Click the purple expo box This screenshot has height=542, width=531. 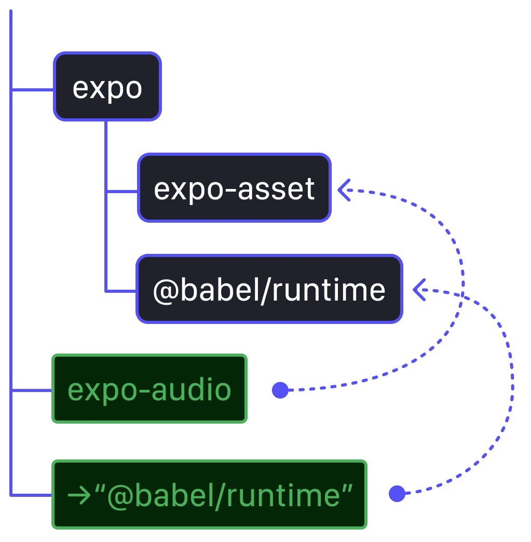click(107, 87)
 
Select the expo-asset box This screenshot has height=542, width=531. click(234, 188)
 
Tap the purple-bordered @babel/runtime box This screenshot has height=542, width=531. click(269, 289)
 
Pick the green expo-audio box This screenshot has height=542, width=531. click(149, 389)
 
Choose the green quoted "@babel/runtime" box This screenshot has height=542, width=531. click(210, 495)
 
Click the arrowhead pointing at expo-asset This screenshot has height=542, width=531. click(344, 189)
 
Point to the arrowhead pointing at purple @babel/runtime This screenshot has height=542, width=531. click(419, 290)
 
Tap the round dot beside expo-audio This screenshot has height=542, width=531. click(280, 390)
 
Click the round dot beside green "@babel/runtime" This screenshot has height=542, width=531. click(397, 494)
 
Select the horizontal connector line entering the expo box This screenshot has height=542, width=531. click(32, 90)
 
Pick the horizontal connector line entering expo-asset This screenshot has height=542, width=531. click(122, 192)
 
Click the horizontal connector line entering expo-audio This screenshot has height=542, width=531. click(31, 390)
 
